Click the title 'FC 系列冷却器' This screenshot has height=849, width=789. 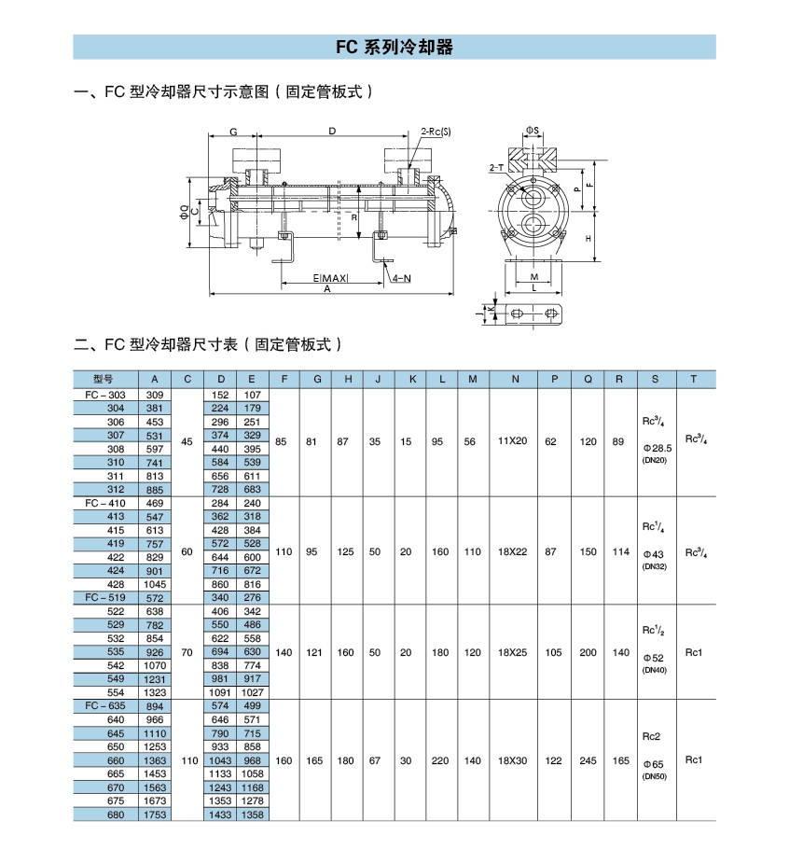[x=394, y=48]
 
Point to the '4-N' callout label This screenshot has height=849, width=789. [x=402, y=278]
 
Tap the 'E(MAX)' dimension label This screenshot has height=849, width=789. [x=331, y=278]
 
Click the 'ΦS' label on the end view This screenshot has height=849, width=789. [x=532, y=128]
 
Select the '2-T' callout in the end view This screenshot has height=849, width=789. [x=496, y=167]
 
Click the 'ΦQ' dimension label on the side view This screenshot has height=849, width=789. [x=184, y=212]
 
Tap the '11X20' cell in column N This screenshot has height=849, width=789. [x=512, y=441]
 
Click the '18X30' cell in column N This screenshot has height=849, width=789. [x=512, y=761]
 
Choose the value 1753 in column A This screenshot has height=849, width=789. [x=155, y=815]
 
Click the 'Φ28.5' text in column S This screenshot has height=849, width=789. [x=656, y=448]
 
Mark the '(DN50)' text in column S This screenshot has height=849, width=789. [x=655, y=776]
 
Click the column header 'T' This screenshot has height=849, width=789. [x=693, y=379]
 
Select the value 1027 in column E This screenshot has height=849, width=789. [x=252, y=693]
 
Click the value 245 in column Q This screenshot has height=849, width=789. [x=588, y=761]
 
